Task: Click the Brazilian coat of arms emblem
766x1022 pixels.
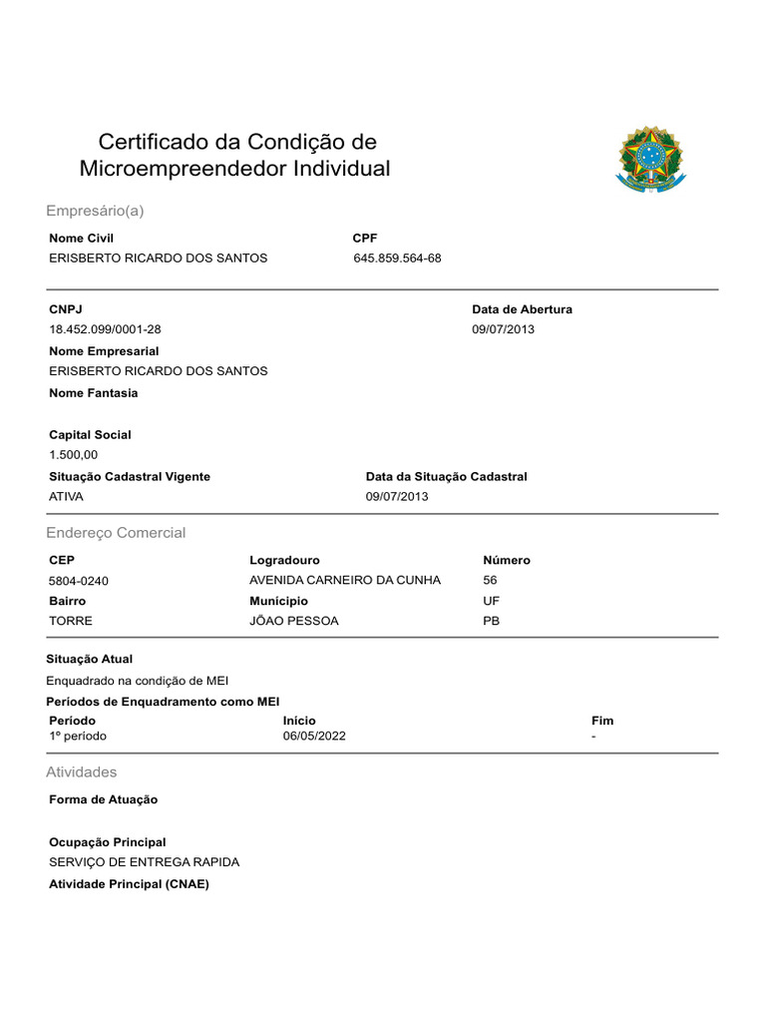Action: [x=650, y=158]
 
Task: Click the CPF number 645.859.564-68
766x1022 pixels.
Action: [x=397, y=258]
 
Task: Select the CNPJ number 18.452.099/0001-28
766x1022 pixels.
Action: [x=105, y=330]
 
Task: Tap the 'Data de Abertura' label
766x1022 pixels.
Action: [x=522, y=309]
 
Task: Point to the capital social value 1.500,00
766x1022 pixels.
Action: [x=74, y=455]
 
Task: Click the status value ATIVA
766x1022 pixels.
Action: [x=67, y=497]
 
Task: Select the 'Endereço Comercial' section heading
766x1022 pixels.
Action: [x=116, y=533]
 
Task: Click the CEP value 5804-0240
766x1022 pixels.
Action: [x=79, y=581]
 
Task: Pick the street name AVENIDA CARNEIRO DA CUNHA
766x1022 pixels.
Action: [x=344, y=581]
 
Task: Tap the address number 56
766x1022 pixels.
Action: [x=490, y=580]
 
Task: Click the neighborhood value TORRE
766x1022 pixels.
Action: [x=71, y=621]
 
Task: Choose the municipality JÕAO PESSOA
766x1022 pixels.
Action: [x=293, y=621]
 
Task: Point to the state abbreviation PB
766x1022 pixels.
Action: [x=491, y=621]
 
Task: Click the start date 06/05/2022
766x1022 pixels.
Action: [x=315, y=737]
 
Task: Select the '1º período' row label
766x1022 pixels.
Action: [x=78, y=737]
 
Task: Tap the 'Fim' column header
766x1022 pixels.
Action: [x=602, y=721]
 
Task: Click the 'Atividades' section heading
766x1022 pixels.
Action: [x=82, y=772]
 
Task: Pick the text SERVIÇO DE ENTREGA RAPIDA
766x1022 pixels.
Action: [x=144, y=862]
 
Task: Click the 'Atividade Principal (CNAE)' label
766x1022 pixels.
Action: [x=129, y=884]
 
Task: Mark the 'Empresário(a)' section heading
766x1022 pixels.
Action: [x=96, y=212]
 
